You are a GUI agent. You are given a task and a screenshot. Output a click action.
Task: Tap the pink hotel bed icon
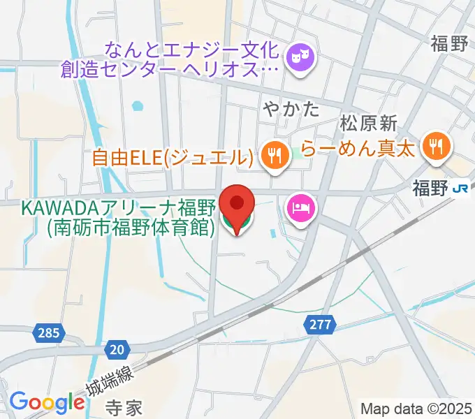coord(300,208)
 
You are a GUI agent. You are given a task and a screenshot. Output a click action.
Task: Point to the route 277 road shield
coord(320,324)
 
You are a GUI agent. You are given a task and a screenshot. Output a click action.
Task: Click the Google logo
coord(47,402)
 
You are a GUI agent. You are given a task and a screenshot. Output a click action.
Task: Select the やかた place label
coord(291,109)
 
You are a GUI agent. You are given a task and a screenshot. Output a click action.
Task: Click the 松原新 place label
coord(368,124)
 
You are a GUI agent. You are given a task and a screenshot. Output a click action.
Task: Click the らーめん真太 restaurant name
coord(358,148)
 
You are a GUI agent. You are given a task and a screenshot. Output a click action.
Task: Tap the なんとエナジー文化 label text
coord(193,51)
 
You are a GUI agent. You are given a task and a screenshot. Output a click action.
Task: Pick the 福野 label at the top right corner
coord(449,45)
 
